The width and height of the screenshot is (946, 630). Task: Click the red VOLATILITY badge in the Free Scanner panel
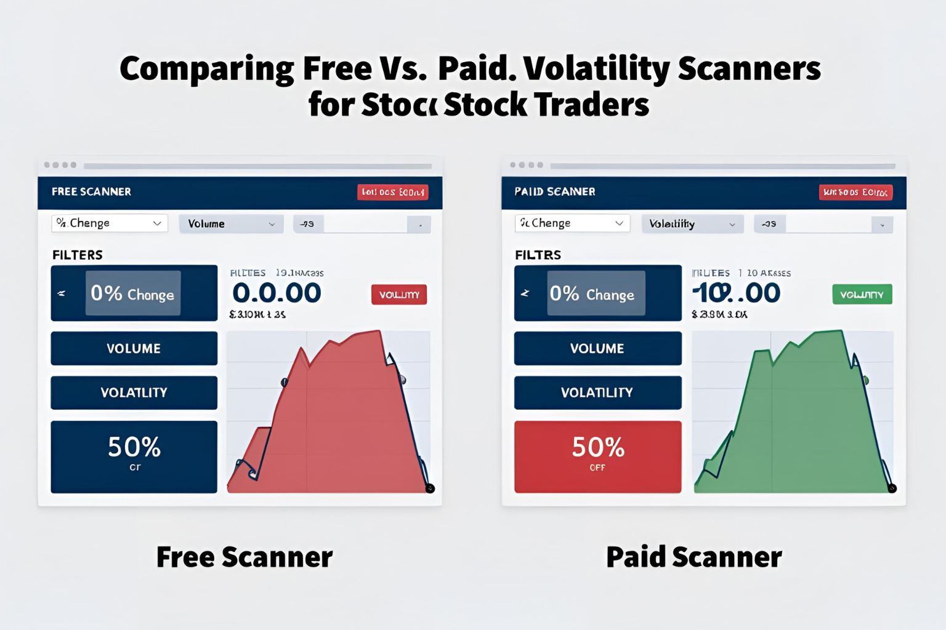pyautogui.click(x=398, y=295)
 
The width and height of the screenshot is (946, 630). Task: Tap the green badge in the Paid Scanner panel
pyautogui.click(x=862, y=295)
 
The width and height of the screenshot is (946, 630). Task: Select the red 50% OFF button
pyautogui.click(x=597, y=457)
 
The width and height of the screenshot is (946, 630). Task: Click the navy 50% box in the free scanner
pyautogui.click(x=134, y=457)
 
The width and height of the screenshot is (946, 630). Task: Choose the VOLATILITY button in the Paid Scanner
pyautogui.click(x=597, y=393)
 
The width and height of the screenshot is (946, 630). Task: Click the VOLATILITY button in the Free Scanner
pyautogui.click(x=134, y=393)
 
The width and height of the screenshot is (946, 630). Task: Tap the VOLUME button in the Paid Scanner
pyautogui.click(x=597, y=348)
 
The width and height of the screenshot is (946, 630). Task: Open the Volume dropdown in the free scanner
pyautogui.click(x=231, y=224)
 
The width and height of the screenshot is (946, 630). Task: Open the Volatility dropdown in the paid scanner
pyautogui.click(x=692, y=224)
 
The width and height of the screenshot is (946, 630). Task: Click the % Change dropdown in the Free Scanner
pyautogui.click(x=109, y=223)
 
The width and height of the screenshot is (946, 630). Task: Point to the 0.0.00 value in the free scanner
pyautogui.click(x=277, y=293)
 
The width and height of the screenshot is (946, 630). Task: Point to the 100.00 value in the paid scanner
pyautogui.click(x=737, y=293)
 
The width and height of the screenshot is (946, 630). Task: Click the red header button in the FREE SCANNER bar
pyautogui.click(x=392, y=192)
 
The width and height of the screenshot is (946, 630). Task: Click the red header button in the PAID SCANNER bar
pyautogui.click(x=855, y=193)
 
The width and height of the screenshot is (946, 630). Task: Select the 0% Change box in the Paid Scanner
pyautogui.click(x=596, y=293)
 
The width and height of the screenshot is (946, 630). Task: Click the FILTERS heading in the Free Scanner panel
pyautogui.click(x=78, y=255)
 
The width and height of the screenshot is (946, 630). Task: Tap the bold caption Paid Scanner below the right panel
pyautogui.click(x=694, y=557)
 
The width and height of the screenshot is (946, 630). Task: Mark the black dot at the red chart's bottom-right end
pyautogui.click(x=430, y=488)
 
